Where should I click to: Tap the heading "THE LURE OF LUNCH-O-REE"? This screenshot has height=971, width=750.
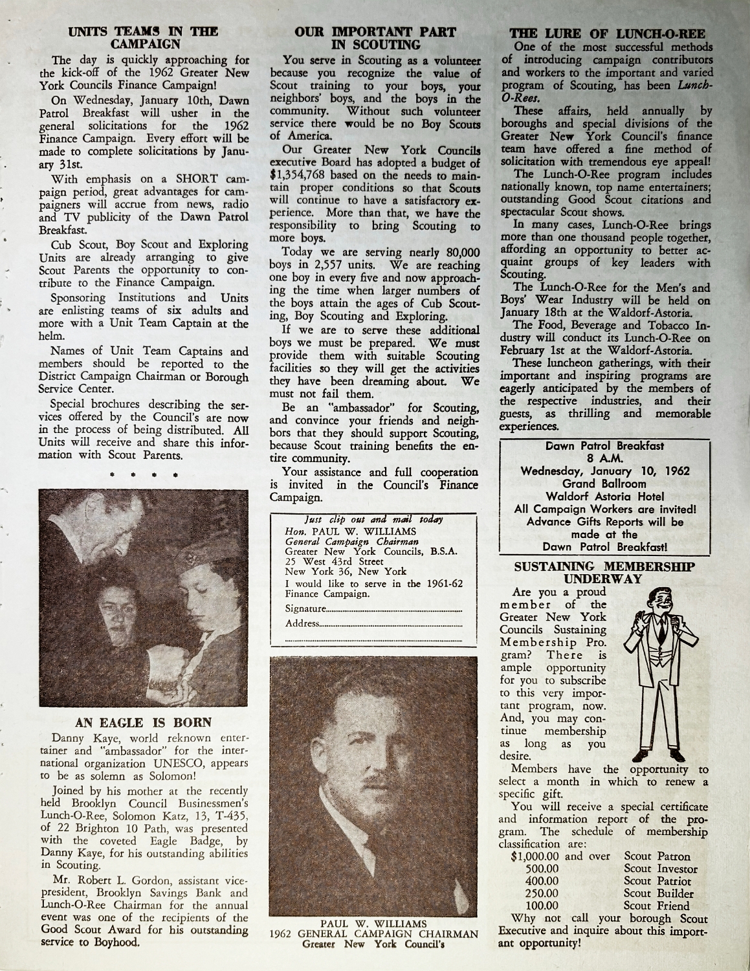(607, 34)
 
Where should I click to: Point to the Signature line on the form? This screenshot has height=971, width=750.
(373, 609)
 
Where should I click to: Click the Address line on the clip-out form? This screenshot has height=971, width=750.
(373, 623)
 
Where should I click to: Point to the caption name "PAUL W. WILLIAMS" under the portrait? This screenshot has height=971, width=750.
(373, 923)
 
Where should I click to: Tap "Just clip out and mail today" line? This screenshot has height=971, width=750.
(373, 520)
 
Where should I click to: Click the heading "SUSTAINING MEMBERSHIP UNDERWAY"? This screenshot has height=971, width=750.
(604, 572)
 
